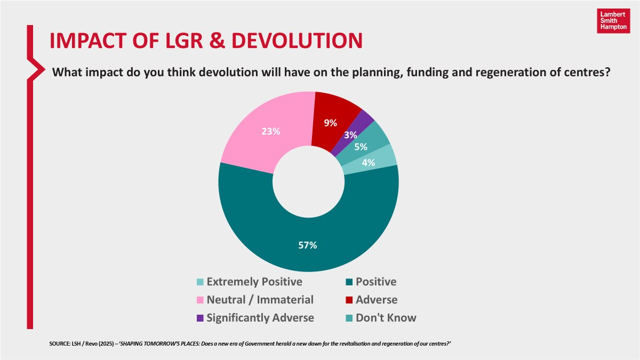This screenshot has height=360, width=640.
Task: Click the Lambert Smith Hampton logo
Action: [x=612, y=21]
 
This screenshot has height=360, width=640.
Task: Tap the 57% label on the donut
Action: [x=308, y=245]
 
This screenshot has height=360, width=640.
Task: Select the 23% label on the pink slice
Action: [x=271, y=131]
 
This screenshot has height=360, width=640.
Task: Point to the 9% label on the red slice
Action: [x=331, y=123]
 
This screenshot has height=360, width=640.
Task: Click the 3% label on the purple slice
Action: [x=351, y=135]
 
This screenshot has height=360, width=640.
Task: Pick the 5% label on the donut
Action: [x=361, y=148]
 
